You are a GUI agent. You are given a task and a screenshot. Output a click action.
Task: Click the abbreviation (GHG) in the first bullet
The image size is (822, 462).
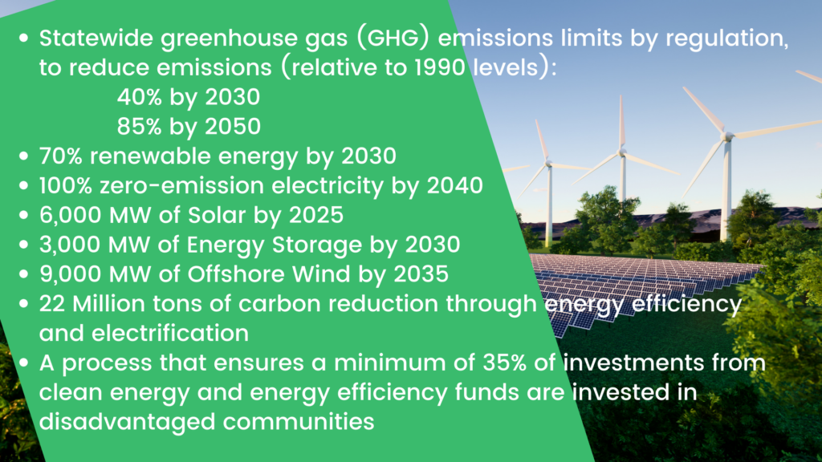[x=393, y=38]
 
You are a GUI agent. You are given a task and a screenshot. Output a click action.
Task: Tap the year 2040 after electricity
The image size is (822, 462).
[x=454, y=186]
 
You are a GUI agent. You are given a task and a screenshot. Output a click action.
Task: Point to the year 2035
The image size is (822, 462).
[x=421, y=274]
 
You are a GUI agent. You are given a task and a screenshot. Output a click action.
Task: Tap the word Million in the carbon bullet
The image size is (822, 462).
[x=104, y=304]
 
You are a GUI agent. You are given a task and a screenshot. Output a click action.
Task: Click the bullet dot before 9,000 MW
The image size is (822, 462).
[x=23, y=274]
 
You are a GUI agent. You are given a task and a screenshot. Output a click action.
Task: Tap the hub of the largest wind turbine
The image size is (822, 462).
[x=727, y=136]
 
